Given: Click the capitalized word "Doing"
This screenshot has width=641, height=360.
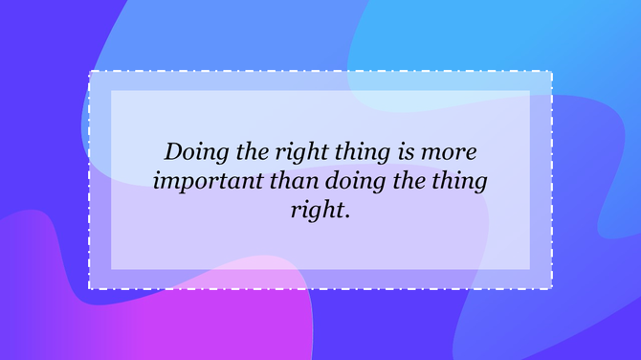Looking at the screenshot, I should [x=194, y=152].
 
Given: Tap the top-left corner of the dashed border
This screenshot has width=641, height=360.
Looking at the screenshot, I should [x=90, y=72].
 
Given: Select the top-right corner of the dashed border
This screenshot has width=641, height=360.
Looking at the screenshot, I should [x=552, y=72].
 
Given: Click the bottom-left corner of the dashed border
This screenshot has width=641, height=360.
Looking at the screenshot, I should [x=90, y=288].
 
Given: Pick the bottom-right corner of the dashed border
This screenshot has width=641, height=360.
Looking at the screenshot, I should [x=552, y=288].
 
